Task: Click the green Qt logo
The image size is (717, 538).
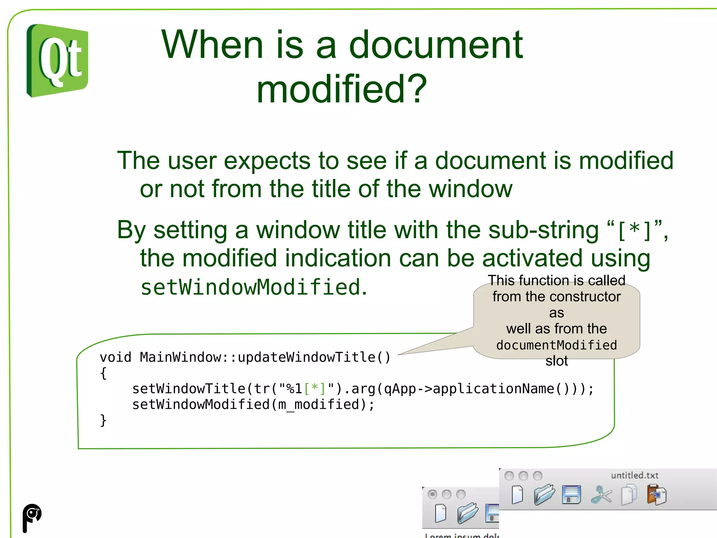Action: pos(57,61)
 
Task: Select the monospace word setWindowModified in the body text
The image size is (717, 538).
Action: pos(251,287)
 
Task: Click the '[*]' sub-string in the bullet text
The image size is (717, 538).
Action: pos(634,231)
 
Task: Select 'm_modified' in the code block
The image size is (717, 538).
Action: pos(318,404)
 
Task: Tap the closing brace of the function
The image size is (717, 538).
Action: pos(103,420)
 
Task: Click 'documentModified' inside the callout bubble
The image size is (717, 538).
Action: pos(556,345)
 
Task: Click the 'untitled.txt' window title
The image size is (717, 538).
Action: pos(634,475)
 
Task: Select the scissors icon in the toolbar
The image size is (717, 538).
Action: pos(601,495)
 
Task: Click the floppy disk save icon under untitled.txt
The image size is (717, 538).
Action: pos(571,495)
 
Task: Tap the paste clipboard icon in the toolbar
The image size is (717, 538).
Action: pos(656,495)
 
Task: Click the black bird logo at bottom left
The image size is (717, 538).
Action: pos(32,517)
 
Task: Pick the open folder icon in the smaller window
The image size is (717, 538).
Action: pos(467,513)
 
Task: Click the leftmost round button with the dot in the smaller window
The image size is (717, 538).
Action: pos(432,494)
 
